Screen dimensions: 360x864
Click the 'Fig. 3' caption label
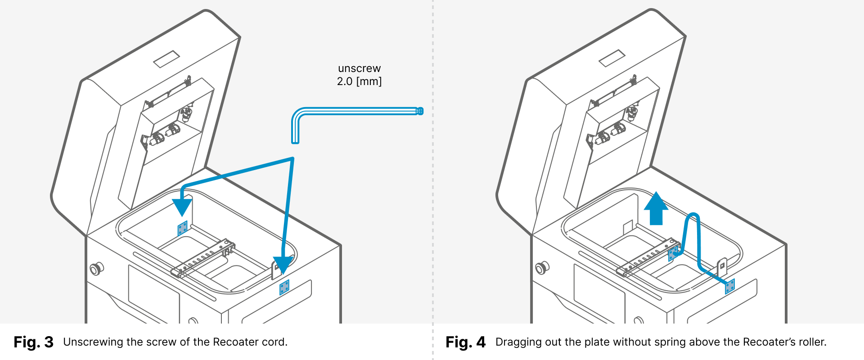point(33,342)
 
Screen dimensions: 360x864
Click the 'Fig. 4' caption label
point(465,342)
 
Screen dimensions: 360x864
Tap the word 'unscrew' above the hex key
point(359,68)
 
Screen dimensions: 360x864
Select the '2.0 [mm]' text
point(359,81)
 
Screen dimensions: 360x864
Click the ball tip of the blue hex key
point(420,111)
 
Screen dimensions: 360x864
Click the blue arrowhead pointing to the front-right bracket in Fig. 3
point(283,265)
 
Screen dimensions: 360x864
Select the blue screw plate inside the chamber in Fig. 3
point(182,228)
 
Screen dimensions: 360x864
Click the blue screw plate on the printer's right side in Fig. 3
point(284,287)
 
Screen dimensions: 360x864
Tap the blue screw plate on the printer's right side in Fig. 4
point(730,286)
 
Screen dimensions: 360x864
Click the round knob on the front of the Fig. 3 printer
point(96,269)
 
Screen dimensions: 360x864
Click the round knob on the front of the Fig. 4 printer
point(541,269)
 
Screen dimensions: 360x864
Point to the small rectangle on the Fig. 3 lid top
point(166,59)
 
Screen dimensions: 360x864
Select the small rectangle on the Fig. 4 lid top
point(612,58)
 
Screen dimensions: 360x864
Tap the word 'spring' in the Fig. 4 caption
point(670,342)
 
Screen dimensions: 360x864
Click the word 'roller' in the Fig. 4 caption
point(812,342)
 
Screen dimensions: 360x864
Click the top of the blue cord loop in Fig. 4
point(693,215)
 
